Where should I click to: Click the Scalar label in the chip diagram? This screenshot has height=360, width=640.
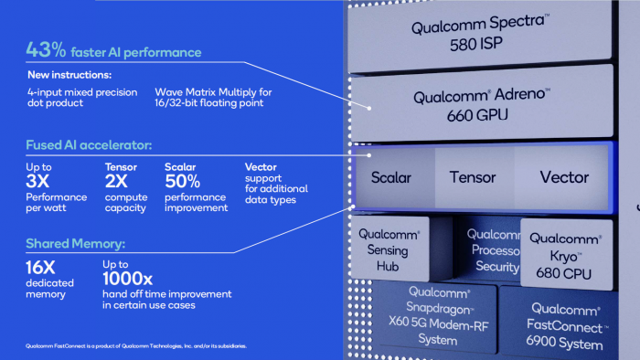(x=390, y=177)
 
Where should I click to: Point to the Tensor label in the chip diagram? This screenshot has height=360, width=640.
(x=472, y=177)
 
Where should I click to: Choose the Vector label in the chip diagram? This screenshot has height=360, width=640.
(x=563, y=177)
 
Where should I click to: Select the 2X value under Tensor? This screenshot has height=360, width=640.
(x=116, y=181)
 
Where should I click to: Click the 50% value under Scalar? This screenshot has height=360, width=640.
(x=183, y=181)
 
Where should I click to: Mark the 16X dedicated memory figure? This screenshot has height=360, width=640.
(x=42, y=270)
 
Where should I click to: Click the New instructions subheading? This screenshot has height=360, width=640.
(x=57, y=76)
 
